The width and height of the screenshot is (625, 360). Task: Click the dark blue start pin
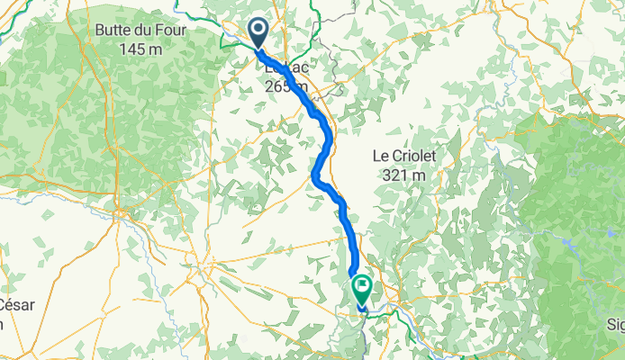click(x=258, y=33)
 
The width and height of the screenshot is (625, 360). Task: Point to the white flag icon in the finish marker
click(x=362, y=287)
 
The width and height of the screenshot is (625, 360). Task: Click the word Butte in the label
click(x=113, y=29)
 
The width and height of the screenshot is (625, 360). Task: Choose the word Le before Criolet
click(x=381, y=156)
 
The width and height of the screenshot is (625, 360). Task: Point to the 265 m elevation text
click(x=286, y=86)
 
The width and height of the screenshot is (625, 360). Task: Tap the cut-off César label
click(x=16, y=304)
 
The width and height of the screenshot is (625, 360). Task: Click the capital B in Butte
click(x=99, y=29)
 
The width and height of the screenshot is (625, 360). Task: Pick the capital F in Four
click(x=157, y=29)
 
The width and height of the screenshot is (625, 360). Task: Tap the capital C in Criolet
click(x=395, y=156)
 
